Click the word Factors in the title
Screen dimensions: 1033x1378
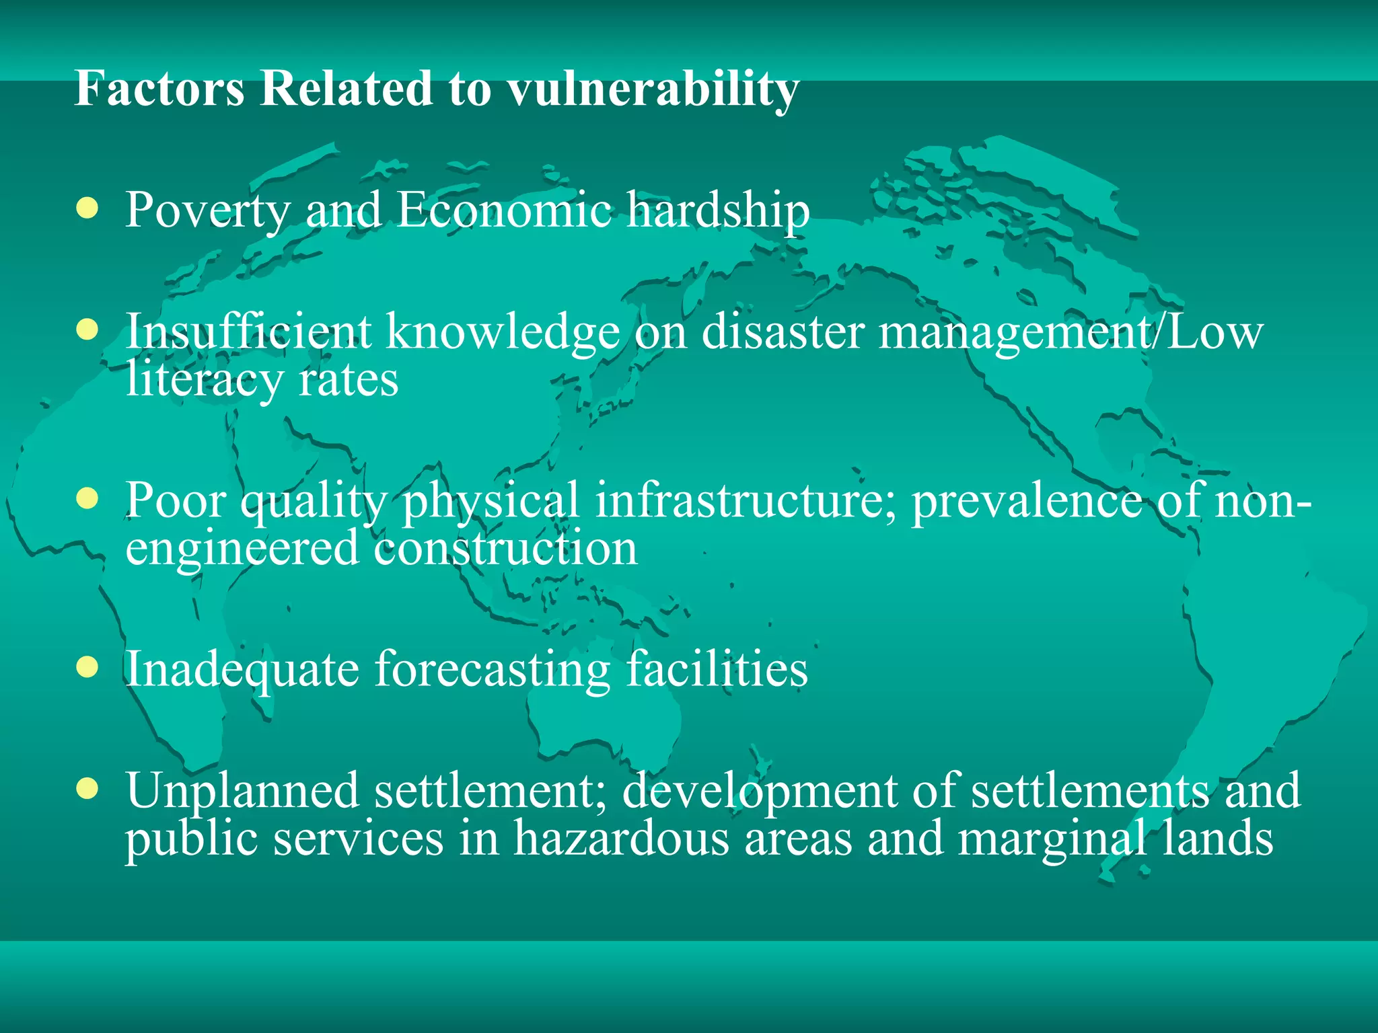coord(159,88)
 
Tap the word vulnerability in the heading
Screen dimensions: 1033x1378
coord(652,89)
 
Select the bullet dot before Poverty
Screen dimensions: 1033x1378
coord(87,208)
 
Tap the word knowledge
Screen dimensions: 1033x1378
coord(503,332)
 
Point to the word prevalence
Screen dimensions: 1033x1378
coord(1026,502)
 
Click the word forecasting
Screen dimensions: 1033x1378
coord(492,671)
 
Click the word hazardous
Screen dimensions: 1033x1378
coord(621,839)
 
